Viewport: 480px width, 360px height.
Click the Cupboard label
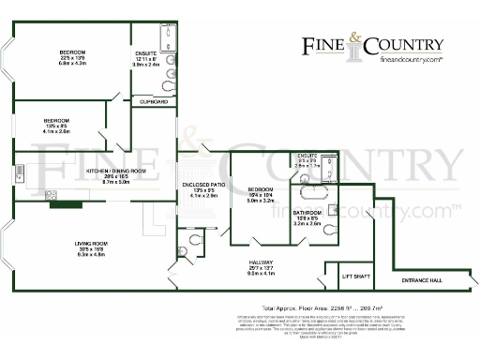point(153,100)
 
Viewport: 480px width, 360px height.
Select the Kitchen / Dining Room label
point(115,171)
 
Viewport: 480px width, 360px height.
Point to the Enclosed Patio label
point(198,187)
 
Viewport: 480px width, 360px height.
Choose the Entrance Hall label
point(422,281)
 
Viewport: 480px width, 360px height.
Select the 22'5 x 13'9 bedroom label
point(72,52)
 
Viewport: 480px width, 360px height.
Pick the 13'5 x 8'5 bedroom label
point(57,121)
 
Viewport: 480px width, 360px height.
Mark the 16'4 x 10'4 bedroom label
point(259,188)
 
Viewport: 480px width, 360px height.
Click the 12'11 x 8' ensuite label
point(145,53)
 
